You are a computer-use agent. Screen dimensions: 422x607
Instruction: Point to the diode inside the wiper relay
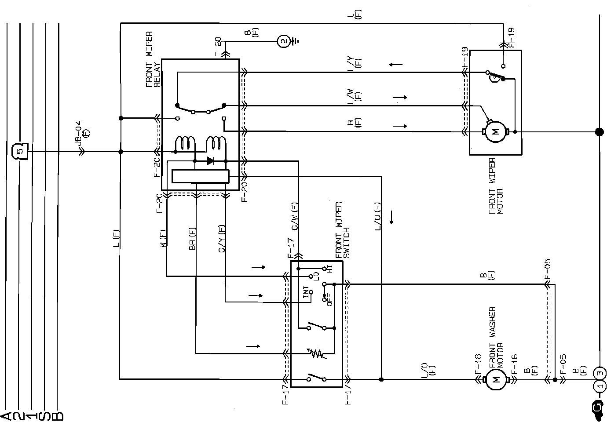pyautogui.click(x=210, y=161)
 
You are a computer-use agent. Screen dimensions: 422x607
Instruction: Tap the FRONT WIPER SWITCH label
pyautogui.click(x=342, y=230)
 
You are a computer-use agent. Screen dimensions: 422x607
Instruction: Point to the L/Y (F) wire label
pyautogui.click(x=354, y=63)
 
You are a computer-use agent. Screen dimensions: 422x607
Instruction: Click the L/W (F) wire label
pyautogui.click(x=354, y=96)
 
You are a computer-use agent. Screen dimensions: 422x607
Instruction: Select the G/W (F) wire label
pyautogui.click(x=295, y=216)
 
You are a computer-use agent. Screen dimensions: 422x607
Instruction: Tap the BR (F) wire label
pyautogui.click(x=192, y=239)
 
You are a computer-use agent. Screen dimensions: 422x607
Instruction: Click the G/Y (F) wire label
pyautogui.click(x=222, y=239)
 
